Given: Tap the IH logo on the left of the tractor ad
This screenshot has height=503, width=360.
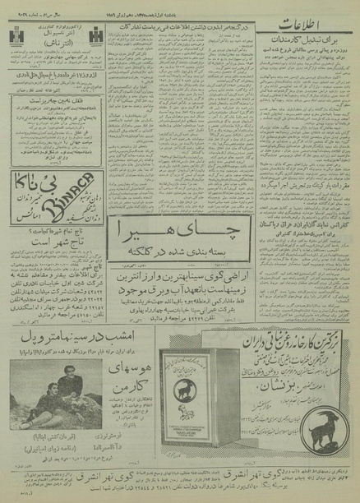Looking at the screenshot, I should pyautogui.click(x=16, y=37).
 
